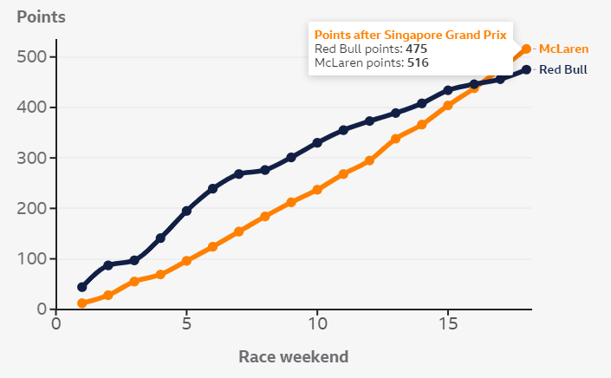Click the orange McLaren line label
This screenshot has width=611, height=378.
pyautogui.click(x=563, y=49)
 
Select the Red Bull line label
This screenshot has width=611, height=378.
pyautogui.click(x=563, y=70)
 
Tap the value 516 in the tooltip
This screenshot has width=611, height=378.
pyautogui.click(x=419, y=62)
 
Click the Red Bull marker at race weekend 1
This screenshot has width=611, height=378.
pyautogui.click(x=82, y=287)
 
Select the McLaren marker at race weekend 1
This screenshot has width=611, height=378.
pyautogui.click(x=82, y=303)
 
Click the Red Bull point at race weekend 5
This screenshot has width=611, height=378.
pyautogui.click(x=186, y=211)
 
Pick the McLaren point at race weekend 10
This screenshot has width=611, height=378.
pyautogui.click(x=317, y=190)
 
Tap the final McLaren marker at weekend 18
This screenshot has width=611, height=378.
pyautogui.click(x=526, y=49)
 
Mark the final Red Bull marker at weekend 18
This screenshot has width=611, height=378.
pyautogui.click(x=526, y=70)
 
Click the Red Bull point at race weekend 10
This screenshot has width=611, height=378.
pyautogui.click(x=317, y=142)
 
